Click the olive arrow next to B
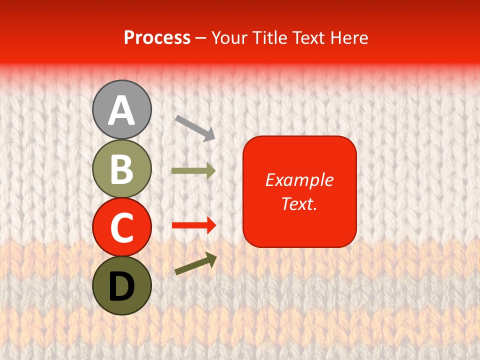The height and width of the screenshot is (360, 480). pos(193,171)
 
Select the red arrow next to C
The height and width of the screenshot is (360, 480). pos(194,225)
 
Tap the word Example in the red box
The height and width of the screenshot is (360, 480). pos(299,180)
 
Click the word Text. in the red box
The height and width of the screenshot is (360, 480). pos(299,203)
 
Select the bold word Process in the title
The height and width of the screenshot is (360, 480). pos(157,37)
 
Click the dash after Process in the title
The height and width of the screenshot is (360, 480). pos(201,38)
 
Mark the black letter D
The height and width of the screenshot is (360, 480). pos(121,285)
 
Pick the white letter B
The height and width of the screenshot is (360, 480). pos(121,168)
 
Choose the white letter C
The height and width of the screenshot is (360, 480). pos(121,227)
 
